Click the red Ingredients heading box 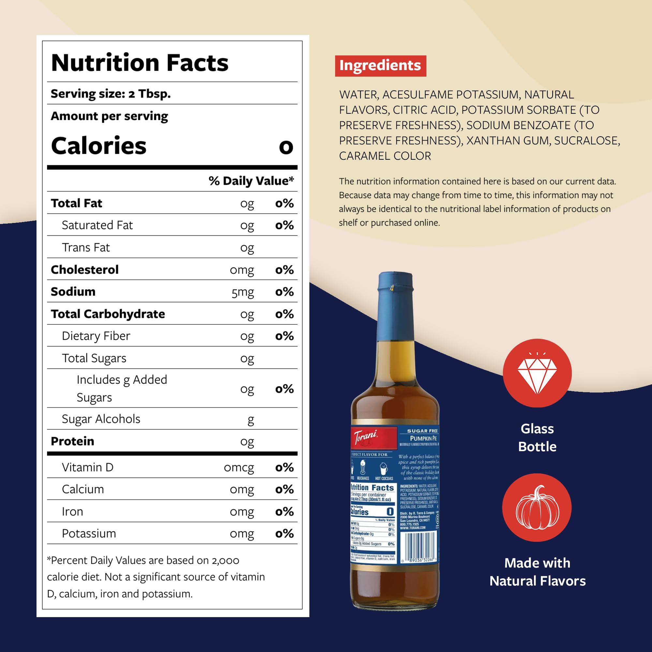point(380,66)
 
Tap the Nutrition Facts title point(140,63)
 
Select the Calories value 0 point(286,147)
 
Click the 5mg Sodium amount point(242,292)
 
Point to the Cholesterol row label point(85,270)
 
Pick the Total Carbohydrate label point(108,314)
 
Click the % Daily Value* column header point(251,181)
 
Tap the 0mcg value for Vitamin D point(239,467)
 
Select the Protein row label point(73,441)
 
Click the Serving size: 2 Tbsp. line point(111,94)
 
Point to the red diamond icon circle point(537,373)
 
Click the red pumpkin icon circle point(537,507)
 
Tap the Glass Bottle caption point(537,438)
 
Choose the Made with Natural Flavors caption point(537,572)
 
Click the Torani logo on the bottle point(365,437)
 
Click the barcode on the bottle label point(418,546)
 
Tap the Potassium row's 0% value point(285,534)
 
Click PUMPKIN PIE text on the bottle point(423,438)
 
